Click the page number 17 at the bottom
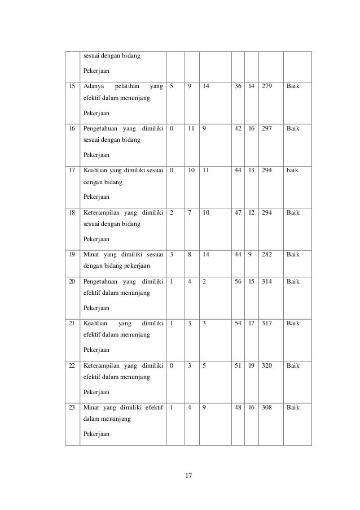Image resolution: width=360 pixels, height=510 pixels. pyautogui.click(x=189, y=475)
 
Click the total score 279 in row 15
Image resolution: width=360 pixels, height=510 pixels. pyautogui.click(x=267, y=87)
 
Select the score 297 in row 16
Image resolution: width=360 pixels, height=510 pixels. pyautogui.click(x=267, y=128)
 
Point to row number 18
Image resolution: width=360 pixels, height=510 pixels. pyautogui.click(x=72, y=212)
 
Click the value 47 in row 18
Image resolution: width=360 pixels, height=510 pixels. pyautogui.click(x=238, y=212)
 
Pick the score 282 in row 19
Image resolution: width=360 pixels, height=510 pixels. pyautogui.click(x=267, y=254)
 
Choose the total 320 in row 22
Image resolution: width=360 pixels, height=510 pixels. pyautogui.click(x=267, y=365)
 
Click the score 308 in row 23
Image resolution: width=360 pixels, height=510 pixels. pyautogui.click(x=267, y=407)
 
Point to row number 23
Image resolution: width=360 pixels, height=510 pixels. pyautogui.click(x=72, y=407)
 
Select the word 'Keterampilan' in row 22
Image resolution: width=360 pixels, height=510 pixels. pyautogui.click(x=101, y=365)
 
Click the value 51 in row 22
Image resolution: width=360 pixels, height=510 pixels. pyautogui.click(x=238, y=365)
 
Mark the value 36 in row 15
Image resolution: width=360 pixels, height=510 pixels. pyautogui.click(x=238, y=87)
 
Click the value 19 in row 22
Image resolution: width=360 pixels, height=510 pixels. pyautogui.click(x=252, y=365)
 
